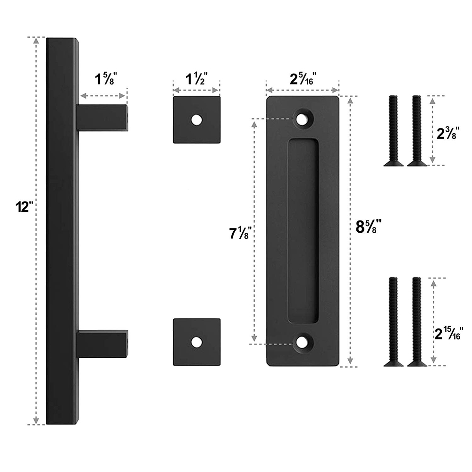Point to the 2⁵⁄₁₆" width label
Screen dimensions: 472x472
pos(302,78)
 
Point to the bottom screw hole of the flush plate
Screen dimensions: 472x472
pos(302,344)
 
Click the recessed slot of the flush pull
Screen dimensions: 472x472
pos(302,231)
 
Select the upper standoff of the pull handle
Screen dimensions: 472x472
pos(102,118)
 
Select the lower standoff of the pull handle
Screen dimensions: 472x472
pos(102,344)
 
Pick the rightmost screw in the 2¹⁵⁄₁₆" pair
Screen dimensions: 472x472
pos(416,321)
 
